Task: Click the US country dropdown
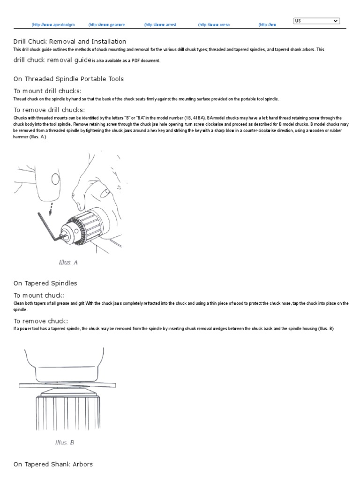[316, 21]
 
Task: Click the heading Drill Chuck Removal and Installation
[70, 42]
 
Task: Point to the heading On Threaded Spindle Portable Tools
[68, 79]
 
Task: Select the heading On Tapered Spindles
[45, 283]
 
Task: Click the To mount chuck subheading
[39, 295]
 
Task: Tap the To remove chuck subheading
[41, 321]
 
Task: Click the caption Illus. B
[65, 442]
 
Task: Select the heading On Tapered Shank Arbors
[53, 464]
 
